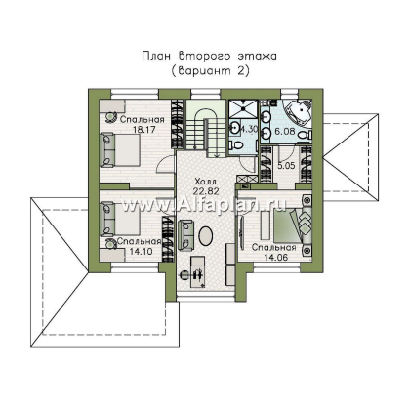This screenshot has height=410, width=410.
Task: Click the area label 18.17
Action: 144,130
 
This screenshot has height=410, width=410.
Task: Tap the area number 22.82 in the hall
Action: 206,191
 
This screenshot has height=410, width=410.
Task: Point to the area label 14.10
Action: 142,251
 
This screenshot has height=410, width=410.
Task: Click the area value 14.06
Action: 276,257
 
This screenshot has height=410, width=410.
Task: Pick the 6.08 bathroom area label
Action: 285,132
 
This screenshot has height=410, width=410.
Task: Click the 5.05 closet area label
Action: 286,166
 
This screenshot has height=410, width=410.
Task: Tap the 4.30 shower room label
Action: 249,129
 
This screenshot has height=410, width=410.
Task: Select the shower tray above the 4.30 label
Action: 243,109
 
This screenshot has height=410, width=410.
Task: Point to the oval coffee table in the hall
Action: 206,235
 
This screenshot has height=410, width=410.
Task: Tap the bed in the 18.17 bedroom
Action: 120,150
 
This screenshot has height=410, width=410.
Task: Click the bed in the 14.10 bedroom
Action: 120,219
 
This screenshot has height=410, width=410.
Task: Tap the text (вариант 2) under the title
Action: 210,70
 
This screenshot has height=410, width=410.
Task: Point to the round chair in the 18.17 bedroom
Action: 110,116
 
